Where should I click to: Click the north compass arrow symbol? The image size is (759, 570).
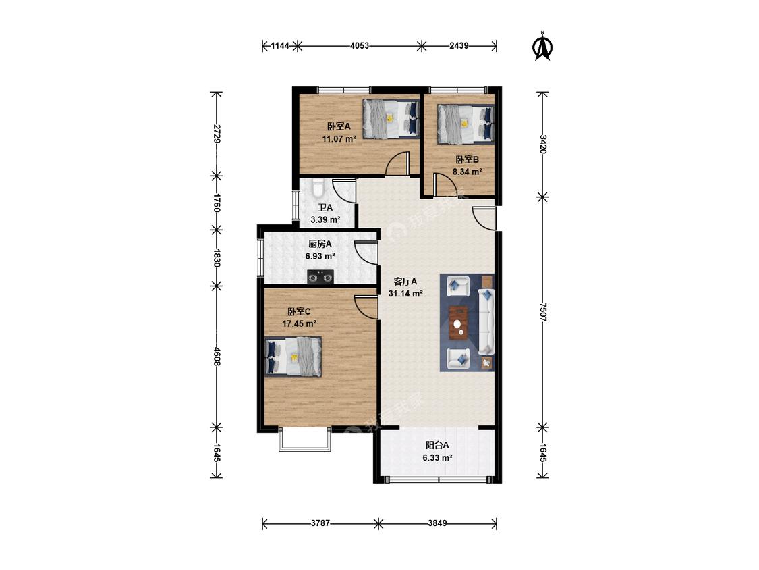coord(542,47)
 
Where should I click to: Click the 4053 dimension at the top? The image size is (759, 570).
coord(360,46)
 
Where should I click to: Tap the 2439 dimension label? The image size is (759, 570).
coord(459,46)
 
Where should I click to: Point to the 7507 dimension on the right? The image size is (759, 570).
coord(542,313)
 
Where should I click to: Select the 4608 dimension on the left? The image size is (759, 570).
coord(217,357)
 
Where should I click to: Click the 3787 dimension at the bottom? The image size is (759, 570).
coord(320,523)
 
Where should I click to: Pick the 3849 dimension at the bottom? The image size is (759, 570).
coord(438,523)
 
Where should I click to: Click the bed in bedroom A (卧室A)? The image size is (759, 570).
coord(391,119)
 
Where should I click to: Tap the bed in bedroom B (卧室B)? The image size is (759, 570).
coord(466,124)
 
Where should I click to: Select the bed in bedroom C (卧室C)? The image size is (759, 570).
coord(294,357)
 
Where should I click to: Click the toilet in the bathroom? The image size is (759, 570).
coord(318,188)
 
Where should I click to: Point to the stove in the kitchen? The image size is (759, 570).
coord(321,277)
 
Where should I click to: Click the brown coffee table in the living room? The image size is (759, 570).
coord(458,323)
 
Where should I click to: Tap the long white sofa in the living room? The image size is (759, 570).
coord(486,321)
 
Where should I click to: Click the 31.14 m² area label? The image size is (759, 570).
coord(405,294)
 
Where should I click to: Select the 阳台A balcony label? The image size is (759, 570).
coord(438,445)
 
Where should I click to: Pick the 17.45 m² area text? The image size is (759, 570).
coord(300,323)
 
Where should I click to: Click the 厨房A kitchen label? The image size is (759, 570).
coord(320,244)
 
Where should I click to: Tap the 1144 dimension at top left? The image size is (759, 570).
coord(280,46)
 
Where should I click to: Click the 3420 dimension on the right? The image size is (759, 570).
coord(542,144)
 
